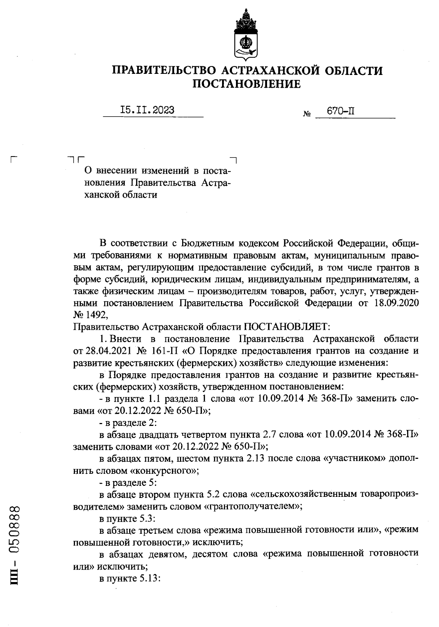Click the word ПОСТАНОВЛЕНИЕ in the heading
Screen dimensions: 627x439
[247, 84]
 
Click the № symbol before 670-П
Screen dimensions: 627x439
[307, 114]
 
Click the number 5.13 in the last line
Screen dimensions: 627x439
[149, 579]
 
